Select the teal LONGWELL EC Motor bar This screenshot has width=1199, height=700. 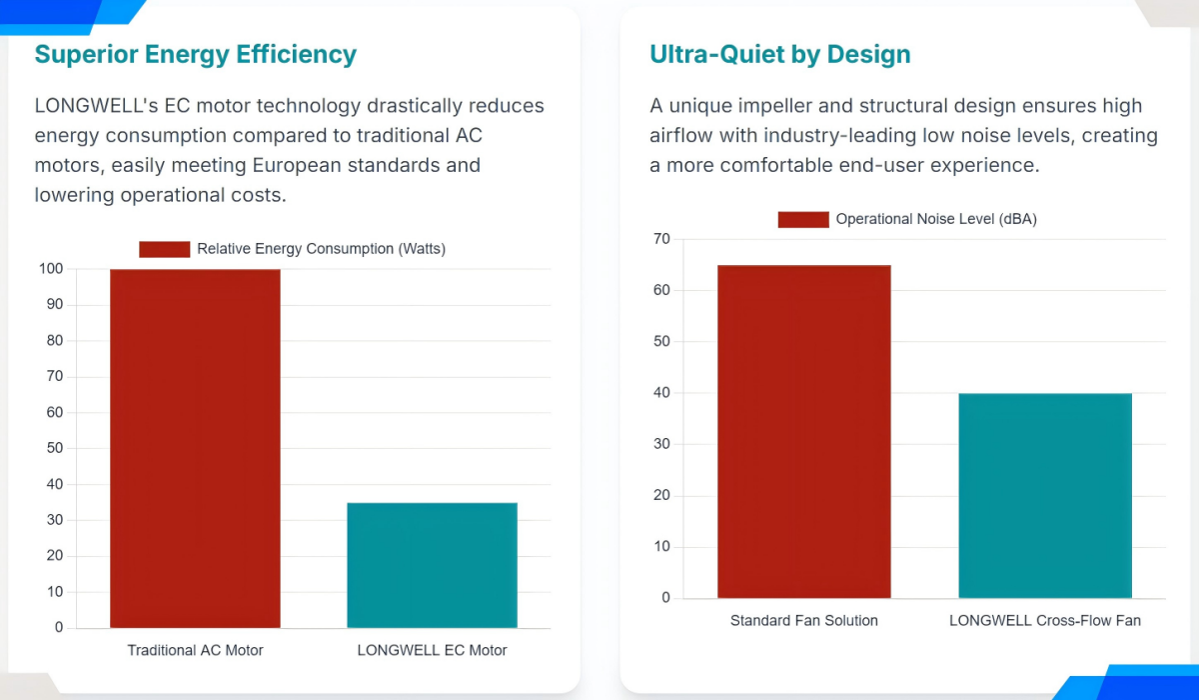click(x=432, y=565)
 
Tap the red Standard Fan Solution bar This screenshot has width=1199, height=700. click(x=803, y=431)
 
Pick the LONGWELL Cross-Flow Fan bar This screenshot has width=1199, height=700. click(x=1045, y=496)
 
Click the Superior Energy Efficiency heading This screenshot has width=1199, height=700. click(x=195, y=54)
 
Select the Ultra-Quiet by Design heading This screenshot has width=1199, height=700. click(x=779, y=54)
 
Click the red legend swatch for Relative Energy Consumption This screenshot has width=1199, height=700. click(x=164, y=249)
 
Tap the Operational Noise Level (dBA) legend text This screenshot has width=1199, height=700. click(x=936, y=219)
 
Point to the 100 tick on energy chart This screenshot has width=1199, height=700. click(x=51, y=269)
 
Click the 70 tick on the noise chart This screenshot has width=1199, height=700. click(x=661, y=239)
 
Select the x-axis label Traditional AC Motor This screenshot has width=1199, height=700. click(x=195, y=650)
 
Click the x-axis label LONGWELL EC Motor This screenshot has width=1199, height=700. click(x=432, y=650)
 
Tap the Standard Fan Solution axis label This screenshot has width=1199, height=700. click(x=803, y=620)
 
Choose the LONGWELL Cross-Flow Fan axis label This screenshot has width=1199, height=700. click(x=1045, y=620)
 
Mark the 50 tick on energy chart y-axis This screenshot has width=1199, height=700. click(x=55, y=448)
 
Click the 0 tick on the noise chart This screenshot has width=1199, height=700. click(x=665, y=598)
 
